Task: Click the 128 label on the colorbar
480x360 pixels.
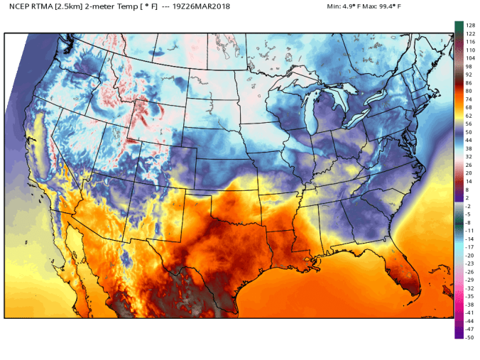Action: pos(469,25)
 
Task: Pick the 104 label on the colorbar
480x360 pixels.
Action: pos(469,58)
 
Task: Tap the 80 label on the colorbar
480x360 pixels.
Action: pos(468,91)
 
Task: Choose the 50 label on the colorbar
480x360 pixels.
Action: pos(468,132)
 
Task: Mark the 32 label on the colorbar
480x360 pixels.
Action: pos(468,157)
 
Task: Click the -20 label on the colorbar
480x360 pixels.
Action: pos(469,256)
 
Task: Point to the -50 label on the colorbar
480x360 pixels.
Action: pos(469,337)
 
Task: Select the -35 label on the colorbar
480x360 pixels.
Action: pos(469,296)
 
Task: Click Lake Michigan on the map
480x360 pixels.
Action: pos(310,113)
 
